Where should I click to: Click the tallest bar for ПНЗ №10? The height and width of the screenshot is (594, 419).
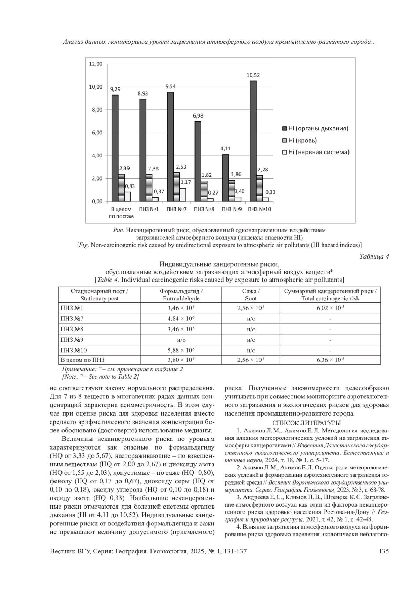pos(253,141)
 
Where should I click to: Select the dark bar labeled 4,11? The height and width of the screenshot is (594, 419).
pos(226,178)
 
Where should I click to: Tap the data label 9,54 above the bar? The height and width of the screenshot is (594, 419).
pos(171,86)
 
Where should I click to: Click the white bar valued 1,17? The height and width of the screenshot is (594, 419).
pos(183,195)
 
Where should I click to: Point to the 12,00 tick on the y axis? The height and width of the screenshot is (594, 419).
pos(96,64)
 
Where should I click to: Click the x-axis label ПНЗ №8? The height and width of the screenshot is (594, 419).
pos(204,209)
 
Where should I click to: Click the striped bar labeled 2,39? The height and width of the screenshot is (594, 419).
pos(121,188)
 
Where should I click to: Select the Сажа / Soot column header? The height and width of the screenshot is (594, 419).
pos(251,295)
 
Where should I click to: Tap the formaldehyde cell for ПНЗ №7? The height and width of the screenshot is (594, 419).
pos(181,319)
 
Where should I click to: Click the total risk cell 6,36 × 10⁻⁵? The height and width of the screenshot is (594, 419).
pos(330,360)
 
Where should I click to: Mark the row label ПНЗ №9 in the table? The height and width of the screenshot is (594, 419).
pos(72,340)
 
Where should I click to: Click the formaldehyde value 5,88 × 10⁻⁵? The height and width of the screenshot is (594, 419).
pos(181,350)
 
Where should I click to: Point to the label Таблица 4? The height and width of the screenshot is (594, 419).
pos(374,256)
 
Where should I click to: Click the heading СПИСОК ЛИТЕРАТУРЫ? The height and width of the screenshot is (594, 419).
pos(307,423)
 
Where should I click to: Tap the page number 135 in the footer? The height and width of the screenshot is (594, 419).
pos(383,551)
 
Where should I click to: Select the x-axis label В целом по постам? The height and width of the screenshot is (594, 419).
pos(121,213)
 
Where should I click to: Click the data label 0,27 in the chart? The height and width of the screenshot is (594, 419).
pos(213,192)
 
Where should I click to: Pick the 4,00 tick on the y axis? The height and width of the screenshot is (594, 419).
pos(96,156)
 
